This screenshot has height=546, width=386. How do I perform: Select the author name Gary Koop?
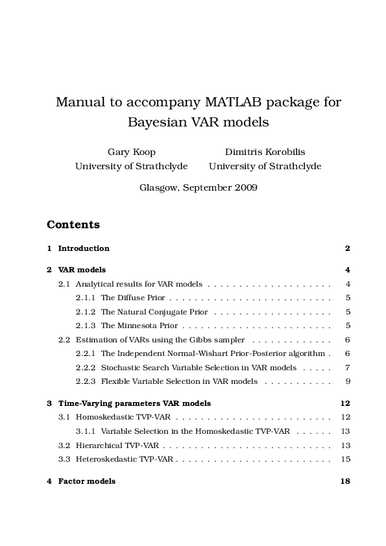(131, 152)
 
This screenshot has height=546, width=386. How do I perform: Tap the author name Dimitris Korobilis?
(265, 152)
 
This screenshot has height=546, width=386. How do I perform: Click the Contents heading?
(73, 225)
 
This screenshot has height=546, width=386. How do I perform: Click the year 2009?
(247, 187)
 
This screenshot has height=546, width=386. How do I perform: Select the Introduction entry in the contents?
(84, 248)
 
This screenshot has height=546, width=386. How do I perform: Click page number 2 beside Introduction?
(348, 248)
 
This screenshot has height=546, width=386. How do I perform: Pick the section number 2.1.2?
(86, 312)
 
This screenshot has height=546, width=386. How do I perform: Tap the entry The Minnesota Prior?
(139, 326)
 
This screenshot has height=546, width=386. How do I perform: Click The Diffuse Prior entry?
(132, 298)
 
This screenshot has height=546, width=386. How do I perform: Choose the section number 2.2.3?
(86, 381)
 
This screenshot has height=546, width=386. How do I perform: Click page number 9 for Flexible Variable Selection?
(348, 381)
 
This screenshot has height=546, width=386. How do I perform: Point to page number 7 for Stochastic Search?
(348, 368)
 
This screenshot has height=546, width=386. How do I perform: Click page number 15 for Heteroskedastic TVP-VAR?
(345, 459)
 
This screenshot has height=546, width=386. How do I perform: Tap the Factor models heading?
(87, 481)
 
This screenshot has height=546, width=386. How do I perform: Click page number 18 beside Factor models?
(345, 481)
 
